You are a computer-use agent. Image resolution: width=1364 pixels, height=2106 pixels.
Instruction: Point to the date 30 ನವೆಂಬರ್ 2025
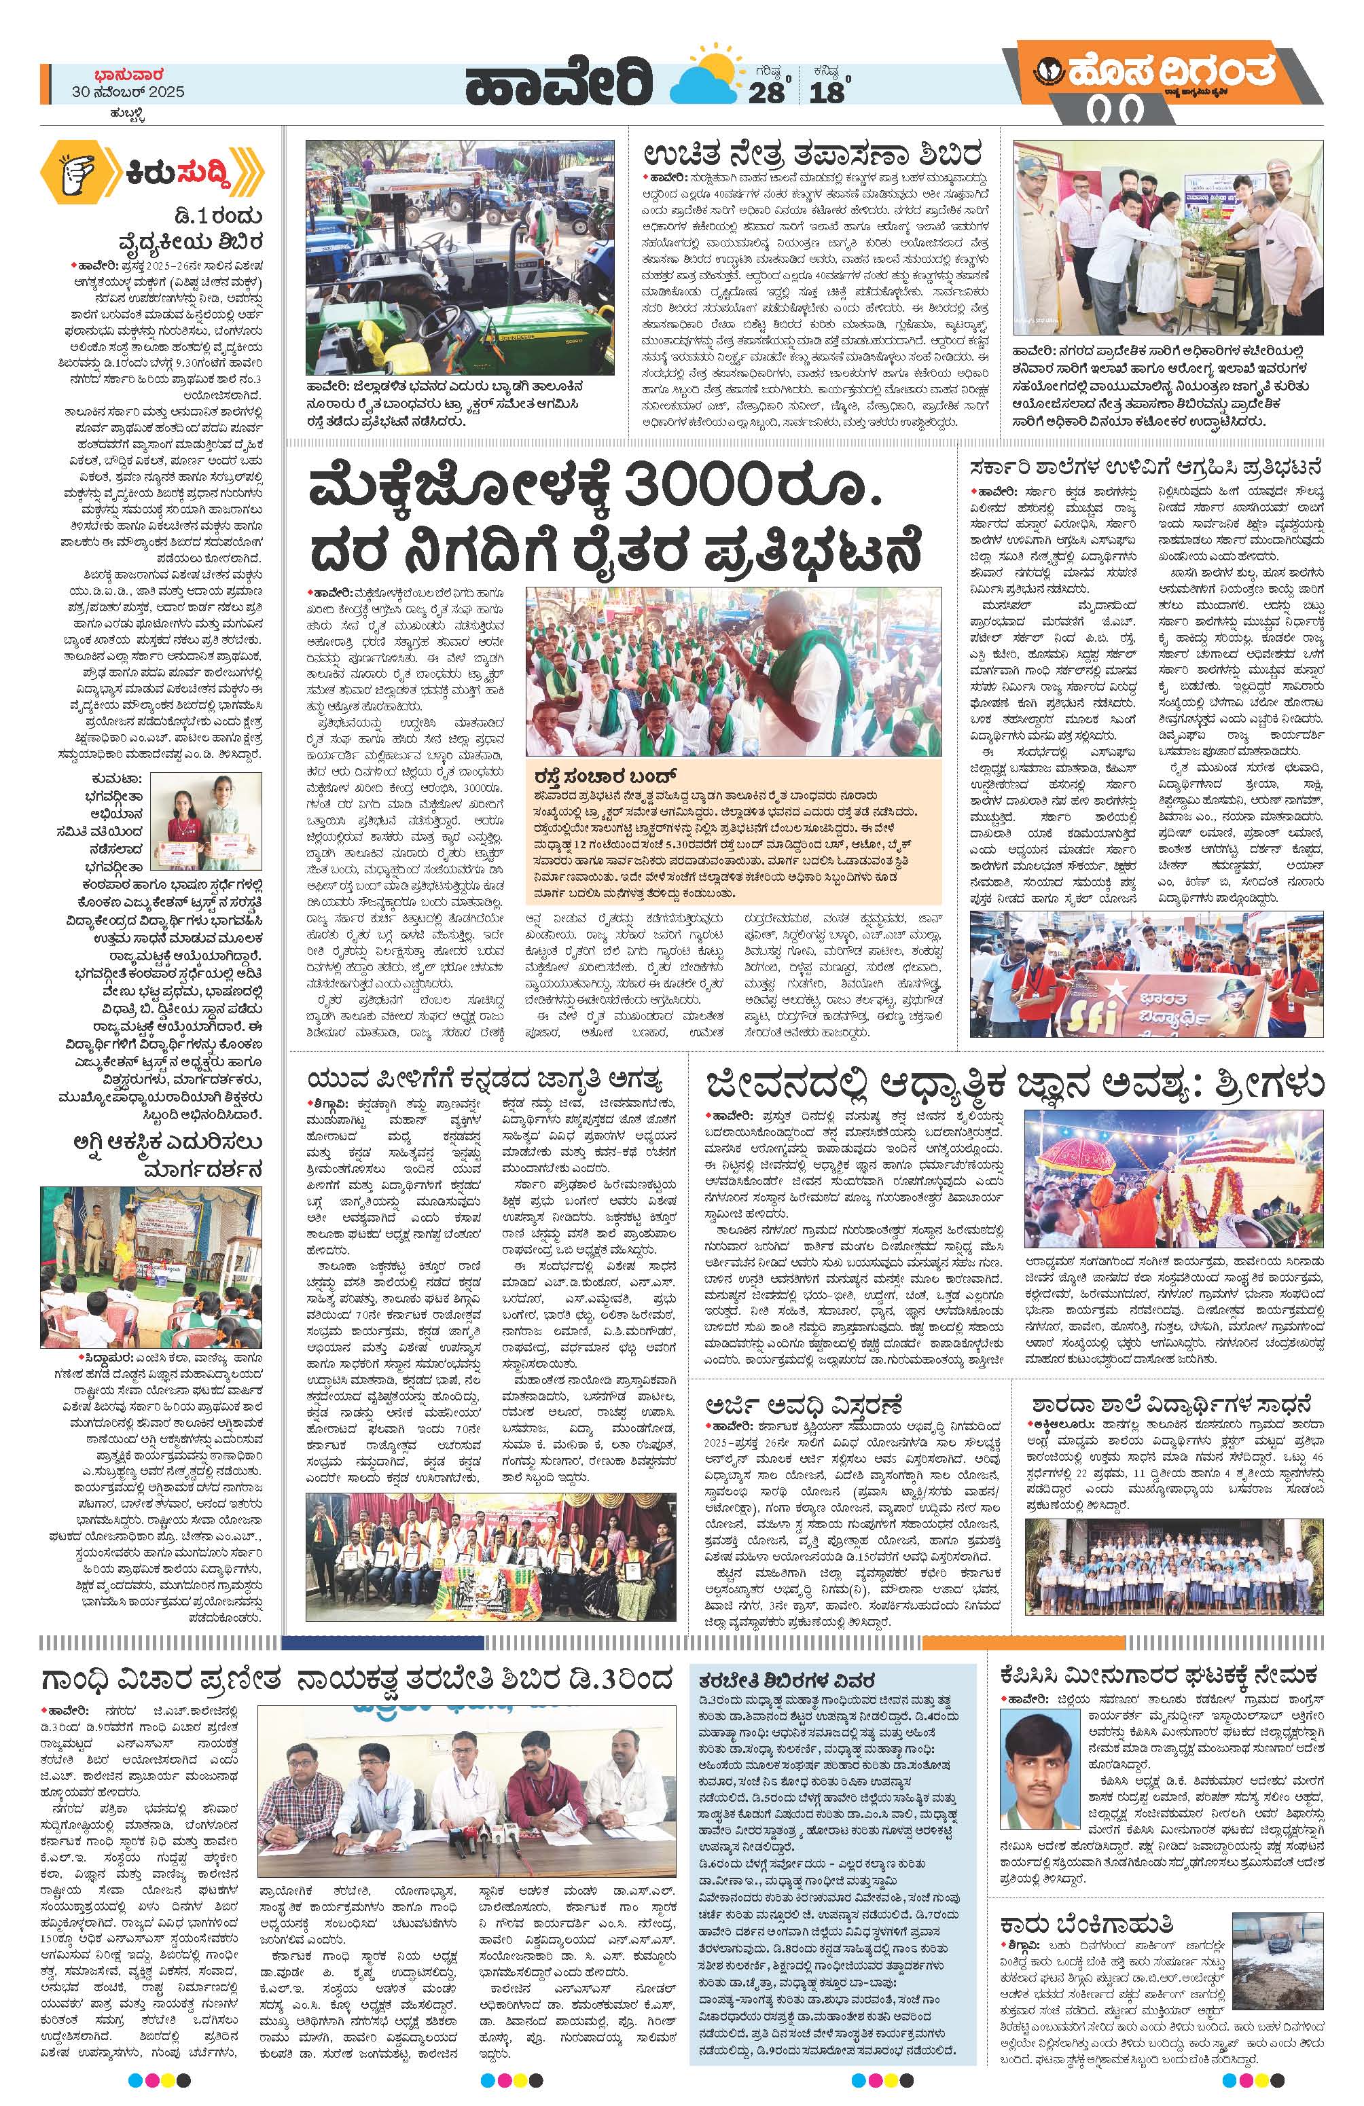click(129, 93)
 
